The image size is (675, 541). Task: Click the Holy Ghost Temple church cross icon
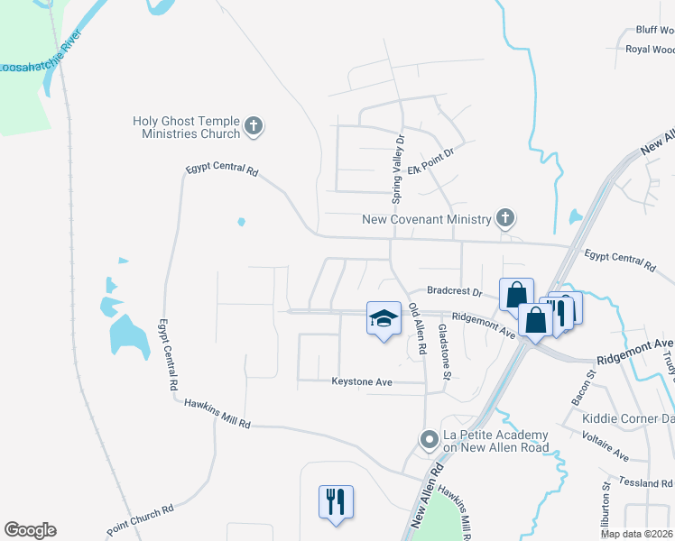click(254, 126)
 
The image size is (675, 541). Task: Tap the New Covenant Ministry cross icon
click(505, 218)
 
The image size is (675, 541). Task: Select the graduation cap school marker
click(384, 319)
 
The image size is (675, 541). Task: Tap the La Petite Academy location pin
click(430, 440)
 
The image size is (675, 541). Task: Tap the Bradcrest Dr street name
click(455, 292)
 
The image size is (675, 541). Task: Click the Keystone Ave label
click(362, 381)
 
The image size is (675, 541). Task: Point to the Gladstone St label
click(443, 351)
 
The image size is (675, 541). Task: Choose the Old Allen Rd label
click(417, 330)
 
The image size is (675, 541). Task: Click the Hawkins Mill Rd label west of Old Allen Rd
click(216, 415)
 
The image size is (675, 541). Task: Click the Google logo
click(30, 530)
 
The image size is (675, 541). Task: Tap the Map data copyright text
click(635, 534)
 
